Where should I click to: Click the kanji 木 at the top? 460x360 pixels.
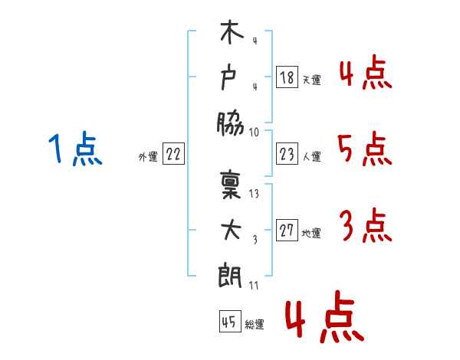click(231, 34)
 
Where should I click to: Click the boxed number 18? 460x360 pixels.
click(287, 77)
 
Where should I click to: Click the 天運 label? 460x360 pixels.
click(311, 79)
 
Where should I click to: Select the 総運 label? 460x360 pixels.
click(255, 324)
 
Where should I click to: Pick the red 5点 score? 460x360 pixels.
click(364, 149)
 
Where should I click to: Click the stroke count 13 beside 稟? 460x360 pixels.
click(255, 195)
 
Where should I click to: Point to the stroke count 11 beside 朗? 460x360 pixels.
click(255, 285)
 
